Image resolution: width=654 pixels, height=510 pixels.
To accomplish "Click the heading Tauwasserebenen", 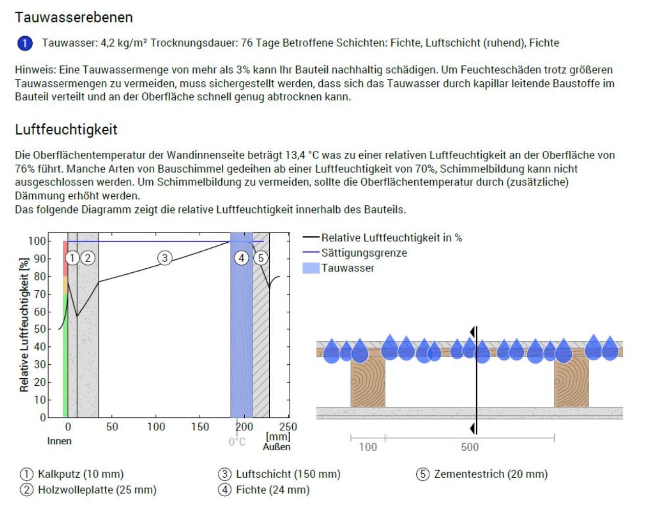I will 74,17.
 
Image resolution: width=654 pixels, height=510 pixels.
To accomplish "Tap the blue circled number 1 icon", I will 25,43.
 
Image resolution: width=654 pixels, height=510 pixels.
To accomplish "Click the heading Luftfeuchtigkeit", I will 66,130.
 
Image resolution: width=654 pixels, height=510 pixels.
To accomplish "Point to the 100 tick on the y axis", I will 37,241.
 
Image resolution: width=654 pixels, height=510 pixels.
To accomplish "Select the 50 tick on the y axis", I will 39,329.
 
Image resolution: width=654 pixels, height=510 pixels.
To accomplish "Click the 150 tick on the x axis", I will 200,427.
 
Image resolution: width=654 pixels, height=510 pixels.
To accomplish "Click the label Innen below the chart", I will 59,441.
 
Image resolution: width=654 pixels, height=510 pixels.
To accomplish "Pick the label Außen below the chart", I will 276,447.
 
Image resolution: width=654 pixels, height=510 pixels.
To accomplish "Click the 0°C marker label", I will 237,442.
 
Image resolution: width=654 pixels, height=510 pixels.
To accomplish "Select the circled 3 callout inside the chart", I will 165,258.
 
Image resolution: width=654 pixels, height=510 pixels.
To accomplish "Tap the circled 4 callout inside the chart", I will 242,258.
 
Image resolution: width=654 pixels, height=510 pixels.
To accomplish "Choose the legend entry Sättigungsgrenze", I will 364,253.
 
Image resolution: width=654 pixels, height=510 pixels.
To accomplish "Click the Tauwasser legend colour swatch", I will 311,268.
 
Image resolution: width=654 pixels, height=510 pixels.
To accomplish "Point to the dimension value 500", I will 470,447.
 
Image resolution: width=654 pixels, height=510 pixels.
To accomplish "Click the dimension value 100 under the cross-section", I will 368,447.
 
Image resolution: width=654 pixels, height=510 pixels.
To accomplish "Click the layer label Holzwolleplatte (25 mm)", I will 97,490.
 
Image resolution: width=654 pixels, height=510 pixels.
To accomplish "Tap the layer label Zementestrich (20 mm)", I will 491,474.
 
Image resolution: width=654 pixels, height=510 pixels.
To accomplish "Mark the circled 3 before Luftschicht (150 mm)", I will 225,474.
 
